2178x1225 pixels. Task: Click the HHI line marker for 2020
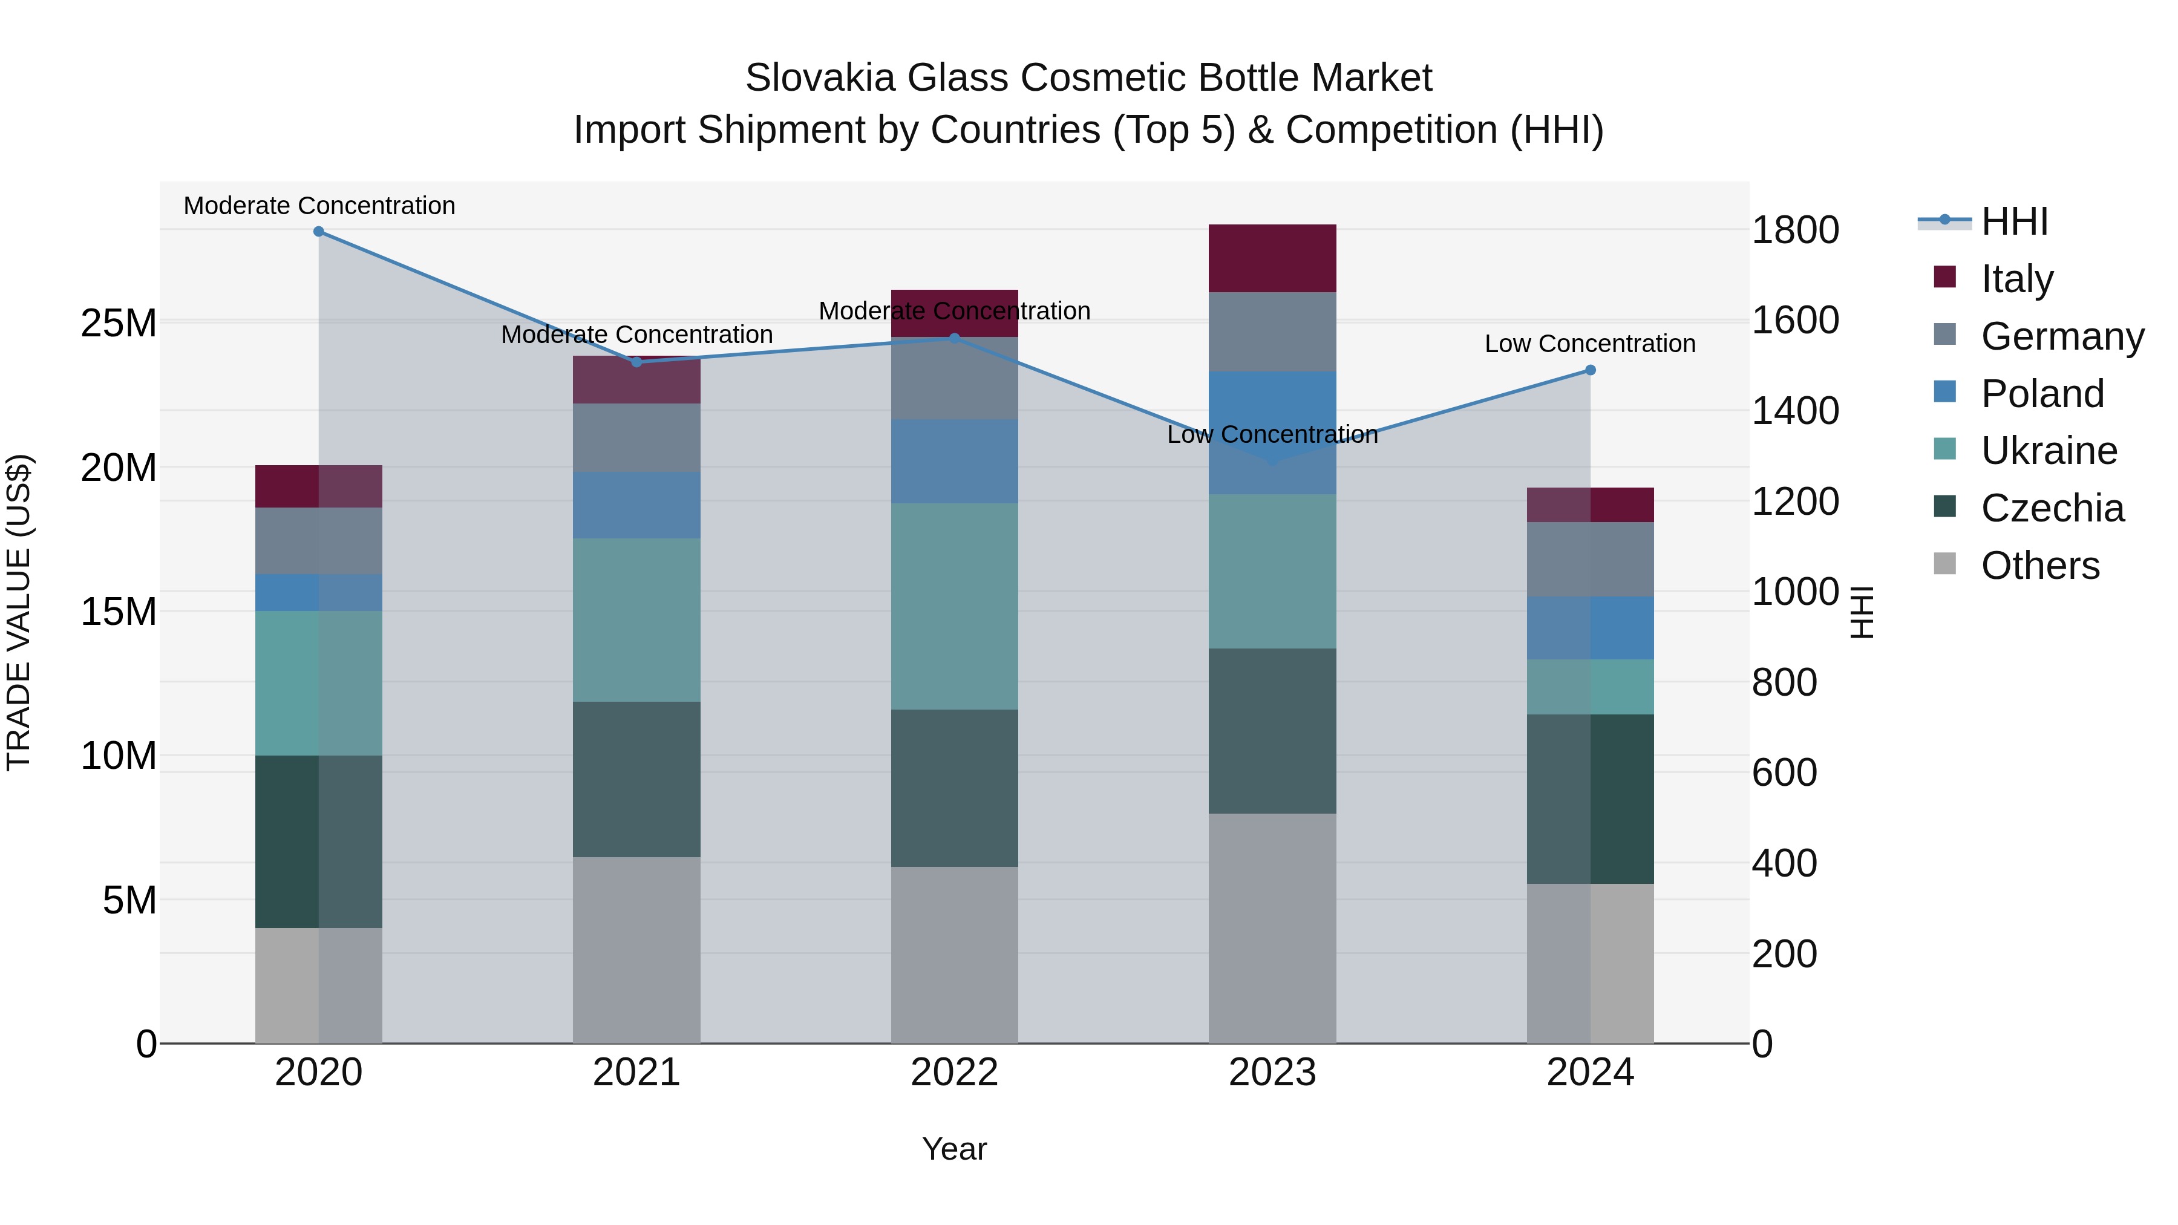pos(319,232)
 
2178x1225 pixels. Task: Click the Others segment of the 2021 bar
pos(636,949)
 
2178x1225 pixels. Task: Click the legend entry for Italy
pos(2016,279)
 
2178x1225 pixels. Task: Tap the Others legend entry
pos(2039,566)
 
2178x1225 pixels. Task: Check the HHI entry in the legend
pos(2014,221)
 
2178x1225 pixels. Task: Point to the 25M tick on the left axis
pos(119,323)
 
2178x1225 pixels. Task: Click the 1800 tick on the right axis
pos(1795,230)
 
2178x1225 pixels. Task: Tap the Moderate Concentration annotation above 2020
pos(319,206)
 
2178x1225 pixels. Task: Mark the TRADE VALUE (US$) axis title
pos(19,612)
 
